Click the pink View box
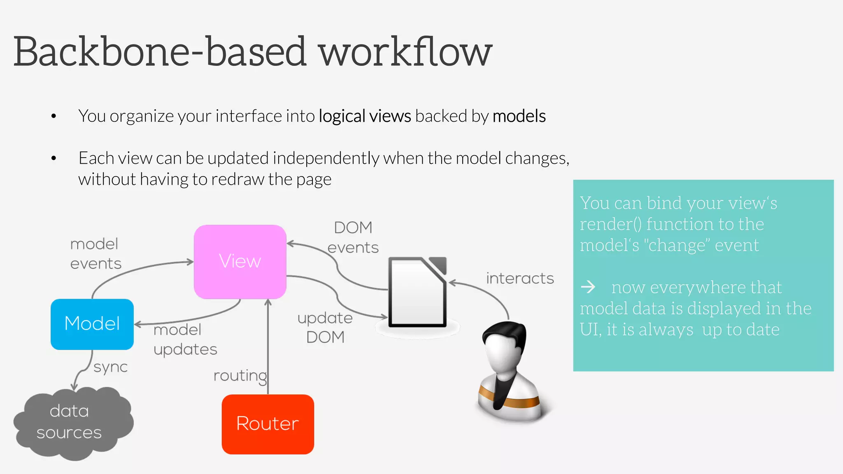[x=240, y=261]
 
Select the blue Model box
[x=92, y=324]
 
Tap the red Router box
[x=268, y=424]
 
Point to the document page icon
[x=417, y=292]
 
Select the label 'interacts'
[x=519, y=279]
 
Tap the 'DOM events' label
[x=353, y=237]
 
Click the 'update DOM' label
[x=325, y=327]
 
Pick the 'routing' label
[x=240, y=376]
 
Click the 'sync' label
[x=110, y=367]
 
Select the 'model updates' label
[x=185, y=339]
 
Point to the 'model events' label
[x=95, y=253]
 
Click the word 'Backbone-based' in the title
[x=161, y=52]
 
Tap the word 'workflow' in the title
[x=405, y=52]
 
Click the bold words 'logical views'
[x=365, y=116]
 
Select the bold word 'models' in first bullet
[x=519, y=116]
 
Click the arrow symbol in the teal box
[x=588, y=287]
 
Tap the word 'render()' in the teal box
[x=610, y=224]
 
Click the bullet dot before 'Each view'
[x=54, y=158]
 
